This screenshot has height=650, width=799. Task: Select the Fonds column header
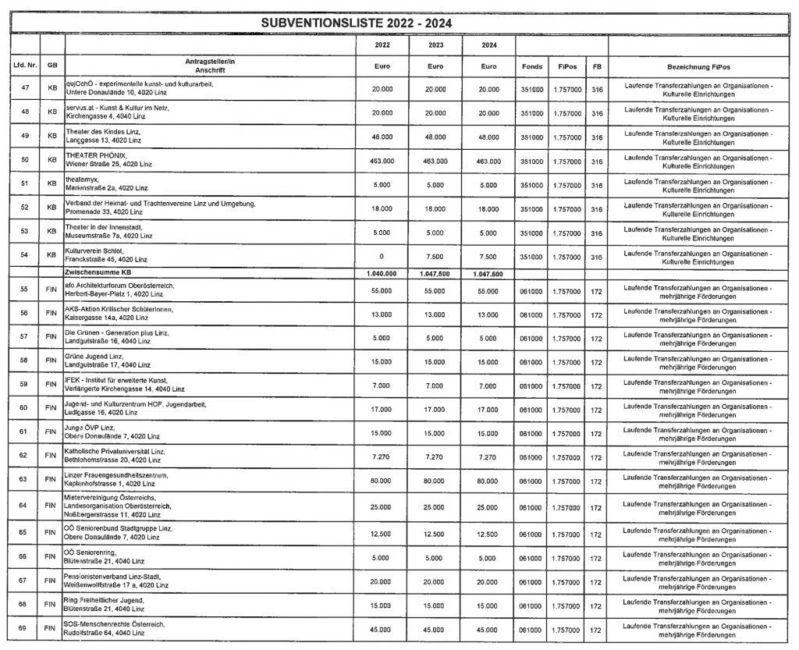[x=531, y=66]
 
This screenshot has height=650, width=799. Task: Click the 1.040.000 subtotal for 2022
[x=382, y=274]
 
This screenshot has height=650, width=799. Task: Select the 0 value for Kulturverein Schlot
[x=382, y=257]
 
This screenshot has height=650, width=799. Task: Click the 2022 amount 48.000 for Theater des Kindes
[x=382, y=137]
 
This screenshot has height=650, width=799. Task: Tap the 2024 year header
[x=488, y=45]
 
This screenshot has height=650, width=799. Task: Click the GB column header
[x=51, y=66]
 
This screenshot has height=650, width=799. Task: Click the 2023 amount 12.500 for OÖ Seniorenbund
[x=435, y=533]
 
